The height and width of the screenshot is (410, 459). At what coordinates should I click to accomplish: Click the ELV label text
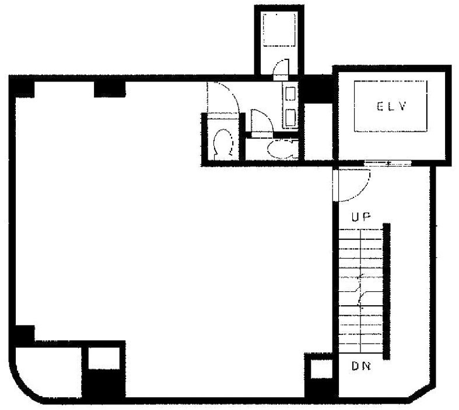coord(391,107)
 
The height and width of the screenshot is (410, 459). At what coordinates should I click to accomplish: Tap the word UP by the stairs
coord(361,217)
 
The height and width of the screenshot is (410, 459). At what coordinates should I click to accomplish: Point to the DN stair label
coord(361,366)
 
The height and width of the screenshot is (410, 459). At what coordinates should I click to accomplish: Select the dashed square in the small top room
coord(279,29)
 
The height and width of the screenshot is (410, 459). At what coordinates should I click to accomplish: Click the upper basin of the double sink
coord(290,94)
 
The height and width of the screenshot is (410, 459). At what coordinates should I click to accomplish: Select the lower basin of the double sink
coord(290,118)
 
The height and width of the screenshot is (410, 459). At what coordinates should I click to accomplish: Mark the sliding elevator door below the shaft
coord(388,162)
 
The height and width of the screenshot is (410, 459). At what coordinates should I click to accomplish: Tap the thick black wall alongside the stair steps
coord(387,291)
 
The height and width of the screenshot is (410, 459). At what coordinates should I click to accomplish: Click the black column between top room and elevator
coord(318,89)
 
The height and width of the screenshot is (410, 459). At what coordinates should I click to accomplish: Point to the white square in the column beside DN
coord(321,369)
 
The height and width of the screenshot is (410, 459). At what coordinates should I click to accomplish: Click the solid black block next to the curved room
coord(104,383)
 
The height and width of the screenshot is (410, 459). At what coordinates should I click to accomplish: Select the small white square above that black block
coord(104,358)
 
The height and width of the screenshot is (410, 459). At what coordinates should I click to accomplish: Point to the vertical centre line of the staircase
coord(360,291)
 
